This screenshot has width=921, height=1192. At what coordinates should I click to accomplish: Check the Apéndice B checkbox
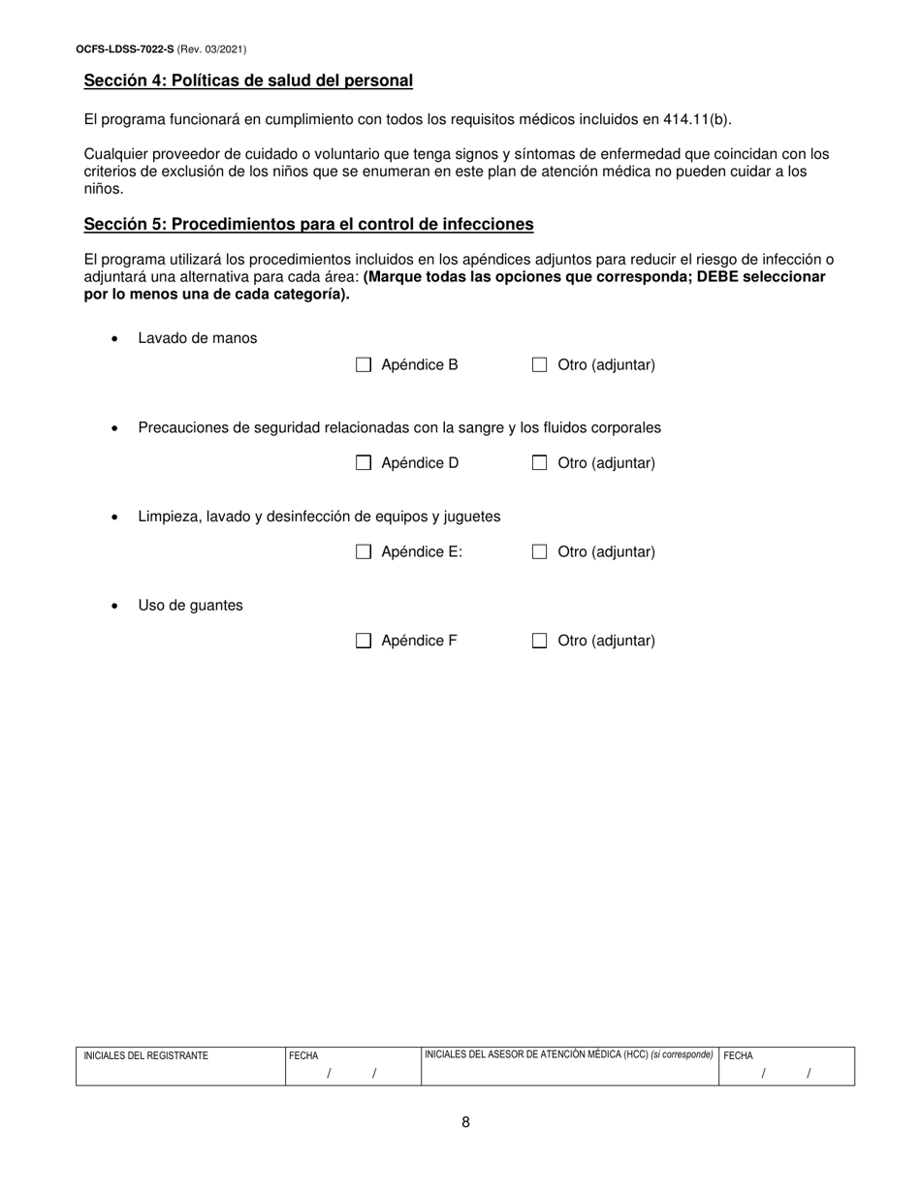tap(364, 365)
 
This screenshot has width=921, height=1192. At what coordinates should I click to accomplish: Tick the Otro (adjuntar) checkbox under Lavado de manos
tap(540, 365)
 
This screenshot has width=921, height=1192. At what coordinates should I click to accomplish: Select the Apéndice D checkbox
tap(364, 463)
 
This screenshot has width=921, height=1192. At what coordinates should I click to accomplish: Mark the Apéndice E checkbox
tap(364, 552)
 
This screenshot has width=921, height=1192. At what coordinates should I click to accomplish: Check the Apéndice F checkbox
tap(364, 641)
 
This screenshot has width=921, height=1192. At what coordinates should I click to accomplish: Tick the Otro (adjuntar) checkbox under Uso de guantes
tap(540, 641)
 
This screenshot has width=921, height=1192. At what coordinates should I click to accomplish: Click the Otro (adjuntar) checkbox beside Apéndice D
tap(540, 463)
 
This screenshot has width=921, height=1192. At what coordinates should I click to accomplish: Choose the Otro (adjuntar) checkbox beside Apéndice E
tap(540, 552)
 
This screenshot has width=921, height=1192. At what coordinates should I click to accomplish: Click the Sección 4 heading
tap(248, 81)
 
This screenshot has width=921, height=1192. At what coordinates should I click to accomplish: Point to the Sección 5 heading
tap(308, 225)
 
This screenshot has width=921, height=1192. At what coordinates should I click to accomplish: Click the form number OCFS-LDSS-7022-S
tap(125, 48)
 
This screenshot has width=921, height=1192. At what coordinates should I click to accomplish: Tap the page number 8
tap(465, 1123)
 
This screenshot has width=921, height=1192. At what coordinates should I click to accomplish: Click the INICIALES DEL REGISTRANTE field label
tap(145, 1056)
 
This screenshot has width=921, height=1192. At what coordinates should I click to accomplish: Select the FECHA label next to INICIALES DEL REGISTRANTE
tap(303, 1056)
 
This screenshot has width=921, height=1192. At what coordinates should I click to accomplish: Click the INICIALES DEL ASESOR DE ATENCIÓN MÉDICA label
tap(536, 1054)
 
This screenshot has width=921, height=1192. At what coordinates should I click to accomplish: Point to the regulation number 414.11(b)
tap(697, 120)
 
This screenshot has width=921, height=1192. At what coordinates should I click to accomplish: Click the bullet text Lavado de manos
tap(198, 338)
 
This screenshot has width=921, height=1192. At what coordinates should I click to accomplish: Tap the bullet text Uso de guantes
tap(190, 606)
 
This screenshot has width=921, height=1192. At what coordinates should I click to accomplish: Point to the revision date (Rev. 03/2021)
tap(205, 48)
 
